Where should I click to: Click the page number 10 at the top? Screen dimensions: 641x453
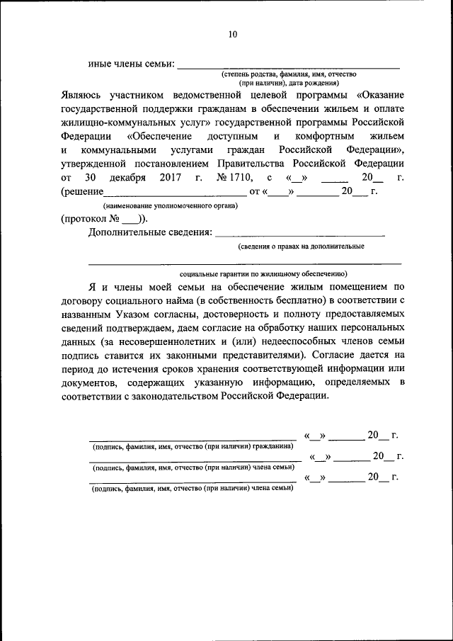(x=234, y=33)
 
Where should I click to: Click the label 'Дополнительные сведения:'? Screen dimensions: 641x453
(x=149, y=232)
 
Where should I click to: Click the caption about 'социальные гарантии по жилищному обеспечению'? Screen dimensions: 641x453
(x=263, y=273)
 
